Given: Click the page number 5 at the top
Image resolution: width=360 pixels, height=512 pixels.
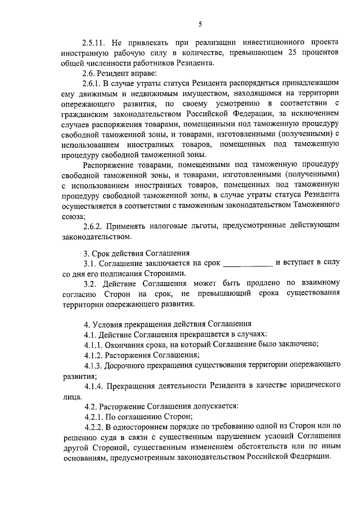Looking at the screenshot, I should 200,24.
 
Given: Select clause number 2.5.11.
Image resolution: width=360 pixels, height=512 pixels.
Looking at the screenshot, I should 94,43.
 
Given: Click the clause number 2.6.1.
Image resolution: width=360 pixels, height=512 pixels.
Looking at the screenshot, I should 93,84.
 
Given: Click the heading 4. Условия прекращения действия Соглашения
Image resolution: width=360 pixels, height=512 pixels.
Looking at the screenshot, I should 163,324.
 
